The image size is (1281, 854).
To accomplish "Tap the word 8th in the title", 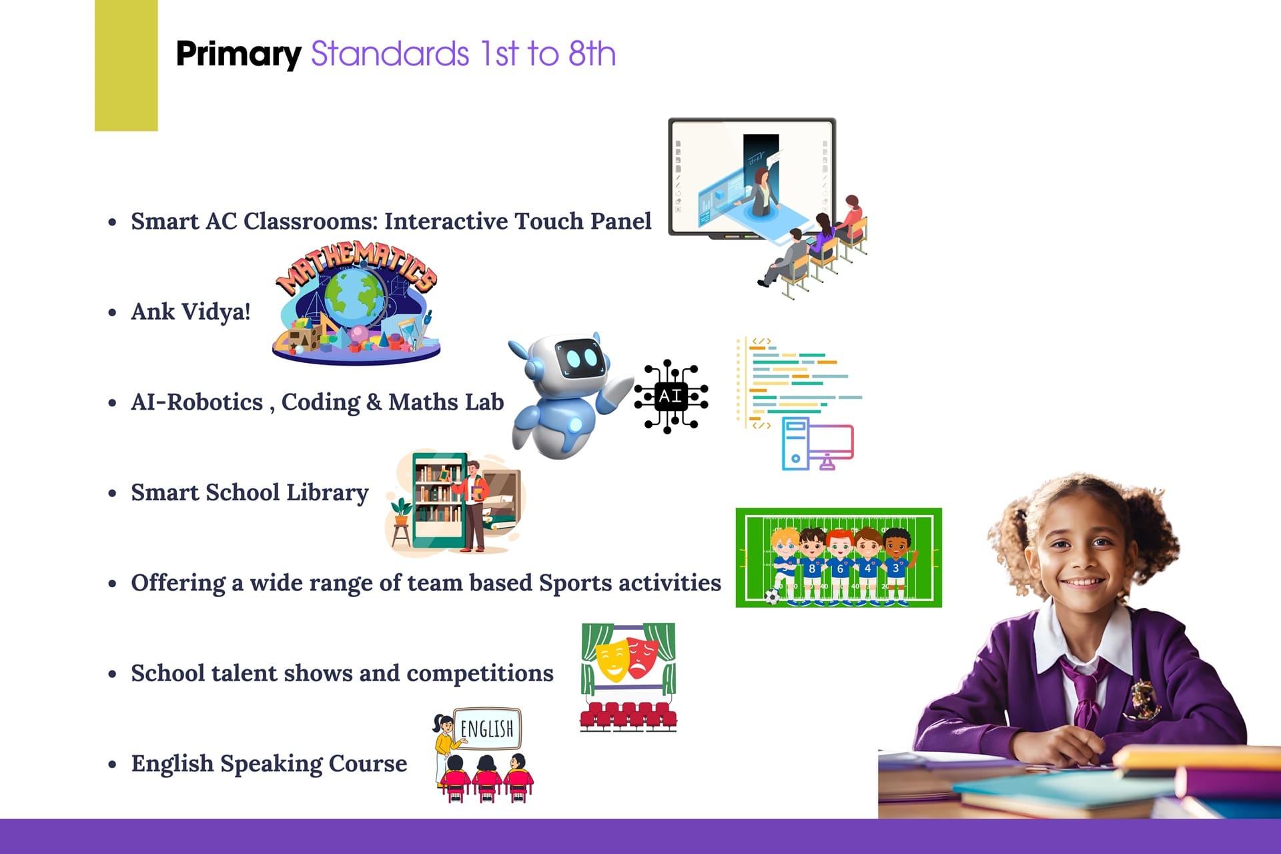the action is click(x=592, y=53).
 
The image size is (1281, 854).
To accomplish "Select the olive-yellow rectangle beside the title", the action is click(x=126, y=65).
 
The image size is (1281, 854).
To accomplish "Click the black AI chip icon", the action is click(x=671, y=396).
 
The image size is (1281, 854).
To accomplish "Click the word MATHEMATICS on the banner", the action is click(x=357, y=266).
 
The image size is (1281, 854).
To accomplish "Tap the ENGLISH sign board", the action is click(x=487, y=729).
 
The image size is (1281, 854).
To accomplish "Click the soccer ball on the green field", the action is click(x=772, y=596).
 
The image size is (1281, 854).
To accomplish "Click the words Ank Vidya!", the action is click(x=191, y=312).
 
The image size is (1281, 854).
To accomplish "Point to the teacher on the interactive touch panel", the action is click(x=760, y=191).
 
